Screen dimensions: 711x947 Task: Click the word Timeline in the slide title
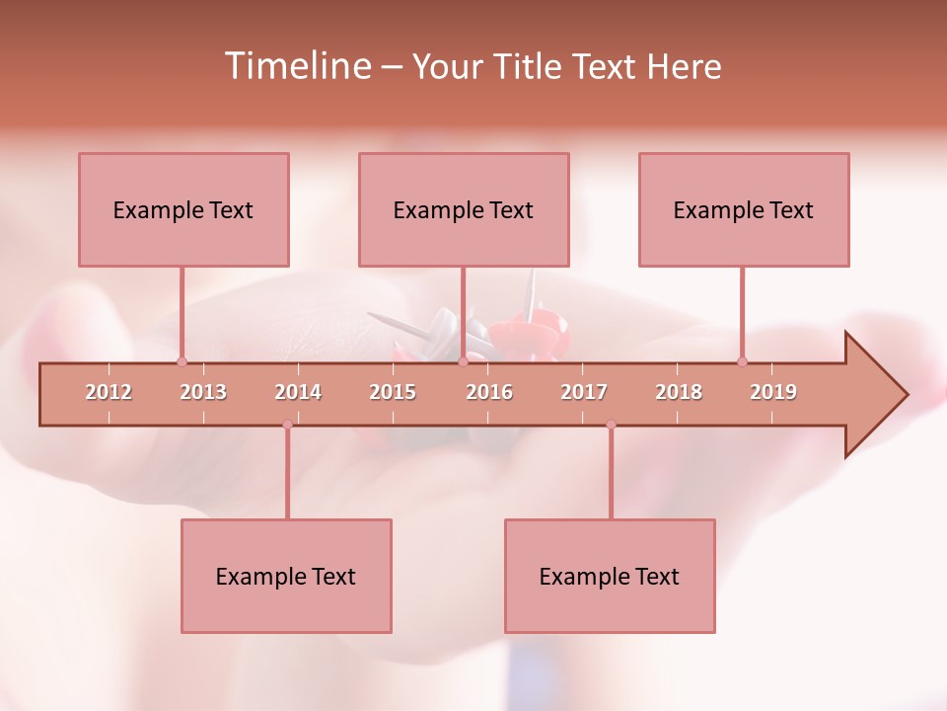296,66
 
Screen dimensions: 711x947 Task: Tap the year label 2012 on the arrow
109,392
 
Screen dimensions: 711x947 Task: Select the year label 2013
203,392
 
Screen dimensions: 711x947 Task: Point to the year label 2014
298,392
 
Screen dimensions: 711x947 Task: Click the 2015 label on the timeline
393,392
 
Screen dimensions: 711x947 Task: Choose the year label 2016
489,392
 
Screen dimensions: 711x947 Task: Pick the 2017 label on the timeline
584,392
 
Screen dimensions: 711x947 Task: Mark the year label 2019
773,392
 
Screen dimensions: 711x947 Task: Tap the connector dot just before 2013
182,361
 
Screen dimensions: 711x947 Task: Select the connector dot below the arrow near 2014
287,425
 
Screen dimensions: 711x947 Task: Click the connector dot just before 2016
463,361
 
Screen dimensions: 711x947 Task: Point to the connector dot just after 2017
611,425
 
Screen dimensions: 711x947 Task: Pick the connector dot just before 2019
742,361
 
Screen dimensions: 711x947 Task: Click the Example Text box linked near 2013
183,209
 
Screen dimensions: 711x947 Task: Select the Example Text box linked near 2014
286,576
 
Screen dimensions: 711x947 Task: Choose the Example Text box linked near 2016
464,209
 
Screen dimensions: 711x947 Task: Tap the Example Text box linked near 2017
610,576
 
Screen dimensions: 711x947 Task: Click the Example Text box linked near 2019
744,209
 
